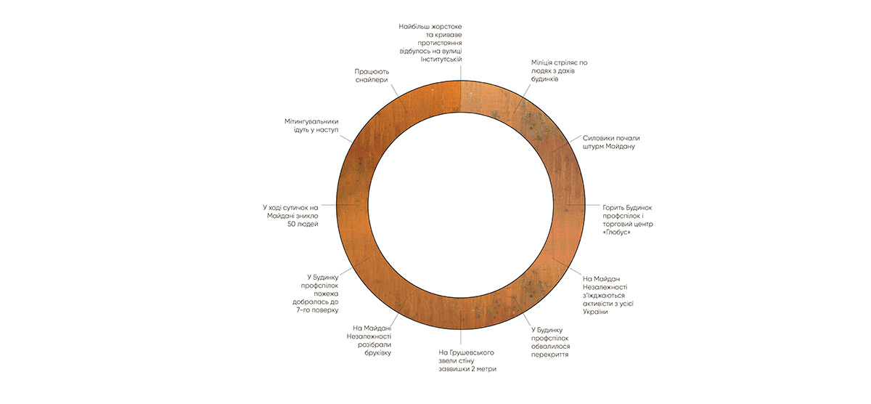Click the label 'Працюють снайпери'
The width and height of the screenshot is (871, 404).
(372, 76)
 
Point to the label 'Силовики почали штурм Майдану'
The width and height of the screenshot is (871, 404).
(611, 142)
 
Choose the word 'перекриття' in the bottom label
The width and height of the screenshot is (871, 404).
(549, 356)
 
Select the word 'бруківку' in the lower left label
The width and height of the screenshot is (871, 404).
(372, 353)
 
